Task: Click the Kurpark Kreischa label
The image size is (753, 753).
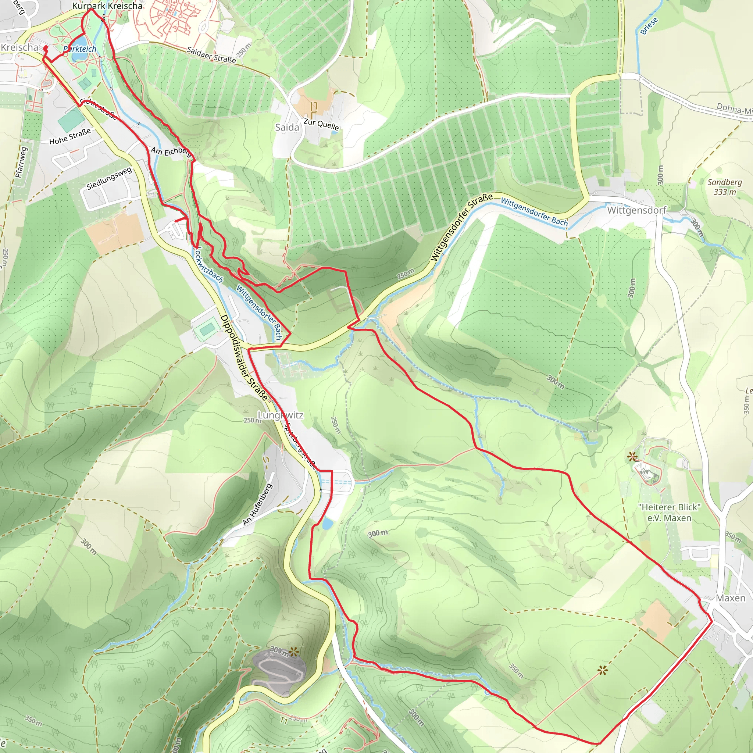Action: pyautogui.click(x=107, y=6)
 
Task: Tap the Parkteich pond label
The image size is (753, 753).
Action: pyautogui.click(x=80, y=49)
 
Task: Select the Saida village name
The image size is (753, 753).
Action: pyautogui.click(x=287, y=128)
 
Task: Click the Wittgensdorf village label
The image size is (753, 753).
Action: pyautogui.click(x=636, y=210)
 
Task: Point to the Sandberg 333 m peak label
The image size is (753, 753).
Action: pyautogui.click(x=725, y=187)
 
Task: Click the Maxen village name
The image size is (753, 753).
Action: pyautogui.click(x=731, y=598)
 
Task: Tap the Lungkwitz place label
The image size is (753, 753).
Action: pyautogui.click(x=280, y=415)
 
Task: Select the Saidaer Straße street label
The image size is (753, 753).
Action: pyautogui.click(x=211, y=55)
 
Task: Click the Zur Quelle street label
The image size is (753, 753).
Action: pyautogui.click(x=321, y=124)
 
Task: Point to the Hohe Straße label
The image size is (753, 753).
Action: pyautogui.click(x=70, y=136)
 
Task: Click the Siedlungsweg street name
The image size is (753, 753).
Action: pyautogui.click(x=109, y=178)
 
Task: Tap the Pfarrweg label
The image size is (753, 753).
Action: pyautogui.click(x=21, y=162)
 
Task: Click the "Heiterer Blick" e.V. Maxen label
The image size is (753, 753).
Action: pyautogui.click(x=669, y=513)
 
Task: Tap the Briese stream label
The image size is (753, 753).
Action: pyautogui.click(x=649, y=26)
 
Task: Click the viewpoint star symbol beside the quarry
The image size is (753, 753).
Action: pyautogui.click(x=293, y=651)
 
